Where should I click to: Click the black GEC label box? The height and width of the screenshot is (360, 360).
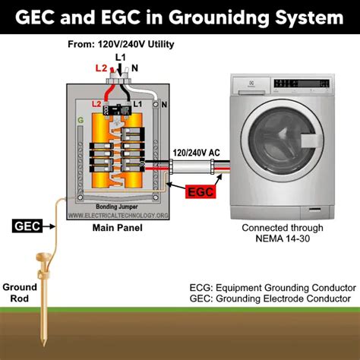click(27, 225)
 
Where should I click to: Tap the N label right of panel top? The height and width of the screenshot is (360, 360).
click(166, 104)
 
